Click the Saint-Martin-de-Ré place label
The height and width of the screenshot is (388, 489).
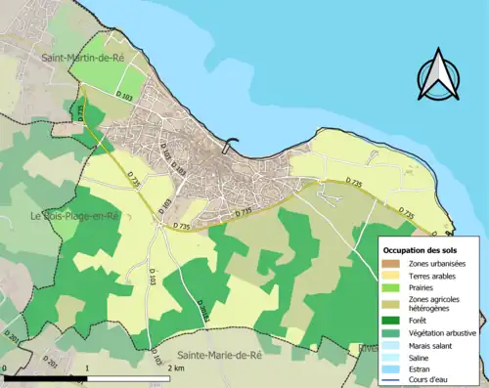tap(88, 59)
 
